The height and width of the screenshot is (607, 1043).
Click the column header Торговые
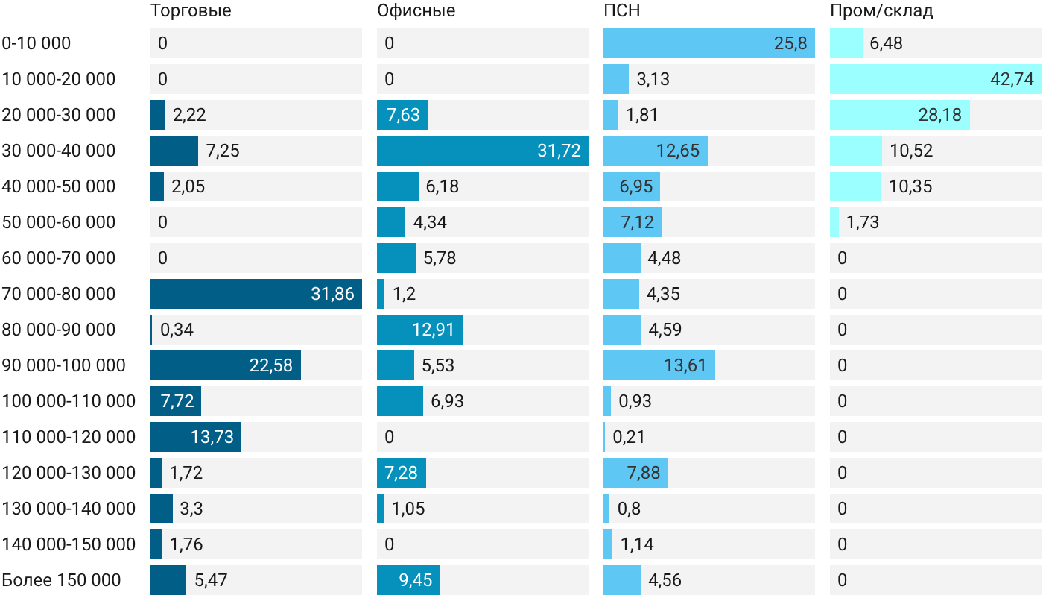(x=191, y=10)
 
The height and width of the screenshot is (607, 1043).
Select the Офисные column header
(x=416, y=10)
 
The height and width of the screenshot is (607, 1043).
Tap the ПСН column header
(x=621, y=10)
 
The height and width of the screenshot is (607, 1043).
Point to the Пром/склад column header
(x=881, y=10)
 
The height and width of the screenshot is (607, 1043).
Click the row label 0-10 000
(x=37, y=43)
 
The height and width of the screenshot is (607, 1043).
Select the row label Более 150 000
(x=61, y=580)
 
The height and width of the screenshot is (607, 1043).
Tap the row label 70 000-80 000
(x=59, y=294)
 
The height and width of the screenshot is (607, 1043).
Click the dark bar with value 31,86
(x=256, y=294)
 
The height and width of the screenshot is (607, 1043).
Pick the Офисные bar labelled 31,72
(x=483, y=151)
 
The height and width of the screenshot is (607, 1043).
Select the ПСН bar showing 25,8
(x=709, y=43)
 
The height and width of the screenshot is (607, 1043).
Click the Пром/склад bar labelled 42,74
(x=936, y=79)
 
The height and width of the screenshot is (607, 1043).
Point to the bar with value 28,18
(x=900, y=115)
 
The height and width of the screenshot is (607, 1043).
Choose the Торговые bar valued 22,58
(x=225, y=365)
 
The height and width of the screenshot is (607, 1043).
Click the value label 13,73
(x=212, y=437)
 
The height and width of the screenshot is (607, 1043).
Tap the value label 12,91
(x=434, y=330)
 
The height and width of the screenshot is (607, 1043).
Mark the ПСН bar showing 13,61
(x=659, y=365)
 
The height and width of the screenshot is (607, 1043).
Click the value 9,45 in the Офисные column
(x=416, y=580)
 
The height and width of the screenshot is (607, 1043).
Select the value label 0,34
(x=177, y=330)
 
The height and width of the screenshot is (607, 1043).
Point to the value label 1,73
(x=863, y=222)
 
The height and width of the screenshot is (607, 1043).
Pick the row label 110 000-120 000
(x=69, y=437)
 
